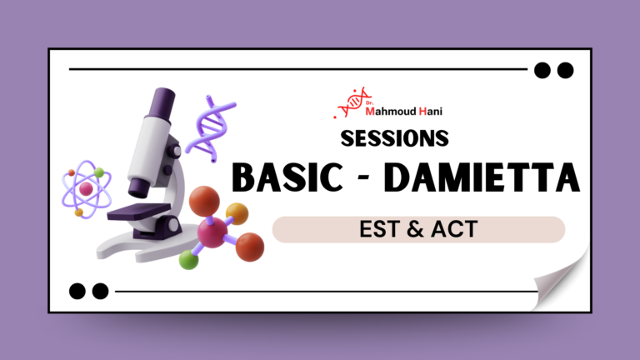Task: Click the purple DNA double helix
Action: point(208,125)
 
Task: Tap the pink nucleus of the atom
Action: point(86,189)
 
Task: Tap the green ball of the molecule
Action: point(189,260)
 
